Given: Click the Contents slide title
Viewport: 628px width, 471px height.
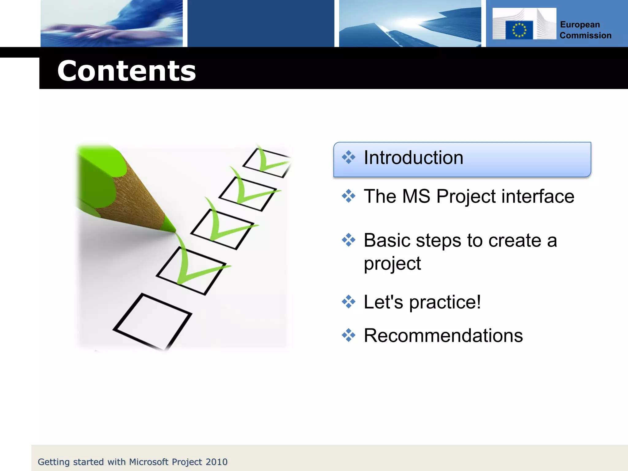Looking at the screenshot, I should (126, 71).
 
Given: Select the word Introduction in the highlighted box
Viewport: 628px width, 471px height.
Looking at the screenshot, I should (413, 158).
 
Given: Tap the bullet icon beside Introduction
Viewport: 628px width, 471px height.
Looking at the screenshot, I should (348, 157).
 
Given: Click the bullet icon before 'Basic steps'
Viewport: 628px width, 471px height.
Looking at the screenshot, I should (348, 240).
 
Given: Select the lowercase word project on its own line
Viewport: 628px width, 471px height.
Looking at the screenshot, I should (392, 264).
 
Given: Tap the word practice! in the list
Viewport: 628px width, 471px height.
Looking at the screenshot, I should (445, 302).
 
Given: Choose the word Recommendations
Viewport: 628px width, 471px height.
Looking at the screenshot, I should (443, 335).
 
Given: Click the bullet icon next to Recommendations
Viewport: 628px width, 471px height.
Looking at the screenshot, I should (348, 335).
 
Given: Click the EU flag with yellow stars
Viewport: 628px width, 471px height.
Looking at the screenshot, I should (519, 30).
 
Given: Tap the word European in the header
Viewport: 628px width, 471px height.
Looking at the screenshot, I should (580, 25).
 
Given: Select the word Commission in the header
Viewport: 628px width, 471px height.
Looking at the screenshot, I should (585, 36).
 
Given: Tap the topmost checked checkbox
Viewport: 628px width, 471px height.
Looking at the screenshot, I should (266, 163).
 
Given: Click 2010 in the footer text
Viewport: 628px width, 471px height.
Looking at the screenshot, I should (216, 462).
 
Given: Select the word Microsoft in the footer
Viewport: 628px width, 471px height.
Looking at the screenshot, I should (149, 462).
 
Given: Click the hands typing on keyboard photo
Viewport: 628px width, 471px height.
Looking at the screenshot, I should (112, 23).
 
